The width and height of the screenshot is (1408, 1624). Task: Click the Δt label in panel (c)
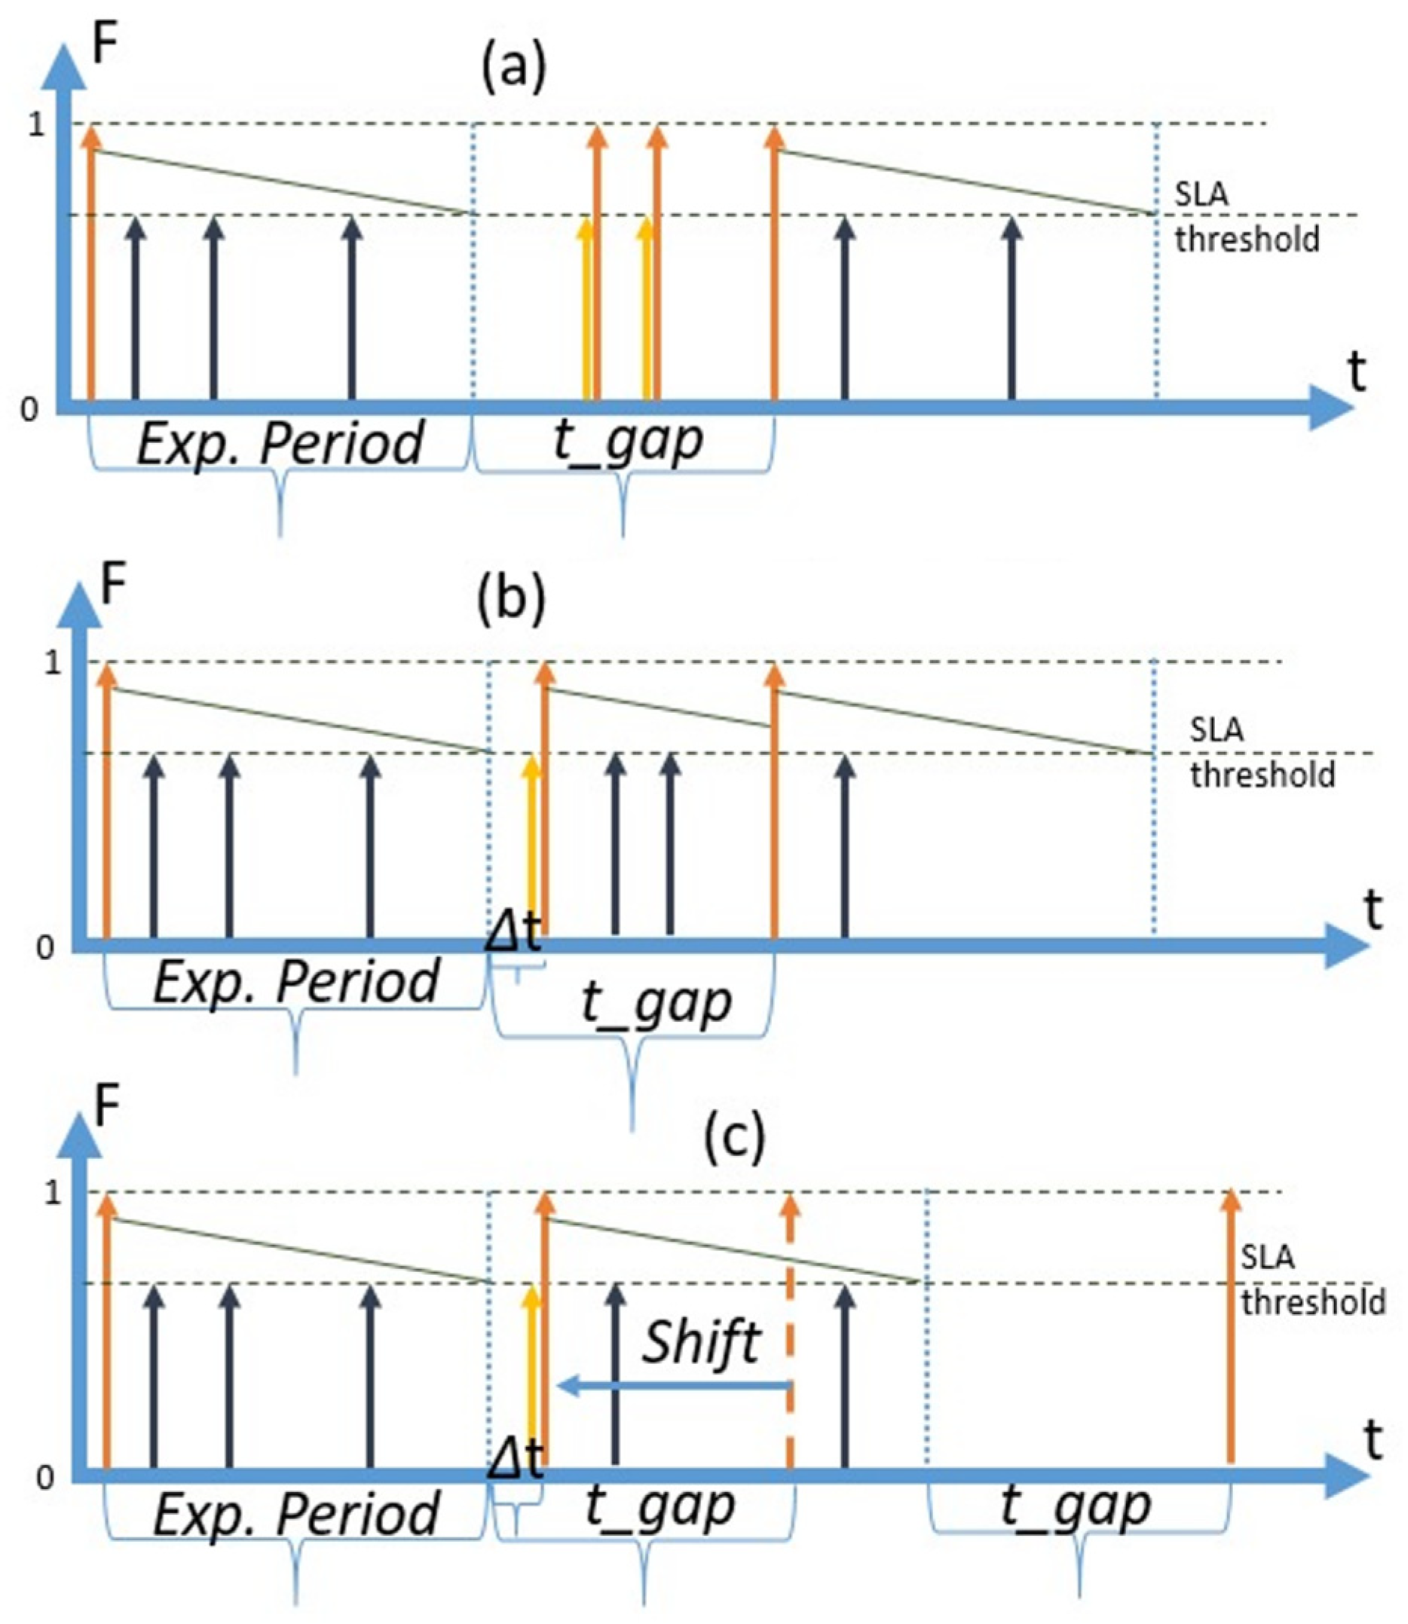pos(516,1460)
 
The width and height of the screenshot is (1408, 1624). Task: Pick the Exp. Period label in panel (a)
pos(280,443)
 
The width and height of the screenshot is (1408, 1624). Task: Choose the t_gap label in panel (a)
pos(628,442)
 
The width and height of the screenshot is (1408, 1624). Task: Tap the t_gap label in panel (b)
pos(656,1002)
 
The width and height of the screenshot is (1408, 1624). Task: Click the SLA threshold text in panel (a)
pos(1246,217)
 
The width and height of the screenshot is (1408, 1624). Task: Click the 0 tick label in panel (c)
pos(45,1478)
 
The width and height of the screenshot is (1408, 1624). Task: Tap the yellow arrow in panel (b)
pos(533,849)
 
